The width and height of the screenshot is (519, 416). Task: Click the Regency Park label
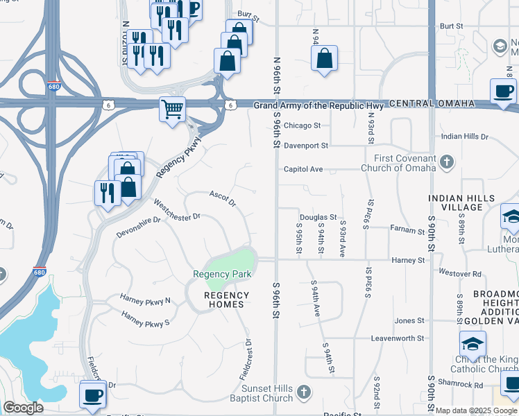point(222,274)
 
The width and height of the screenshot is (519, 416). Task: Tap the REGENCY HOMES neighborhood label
point(224,300)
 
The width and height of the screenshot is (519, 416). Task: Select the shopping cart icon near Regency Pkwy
point(171,108)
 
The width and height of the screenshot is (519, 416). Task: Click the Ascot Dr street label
point(223,198)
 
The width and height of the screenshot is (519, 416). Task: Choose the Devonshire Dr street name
point(138,229)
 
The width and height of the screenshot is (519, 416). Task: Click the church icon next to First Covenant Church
point(447,163)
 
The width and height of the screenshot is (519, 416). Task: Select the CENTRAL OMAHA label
point(432,103)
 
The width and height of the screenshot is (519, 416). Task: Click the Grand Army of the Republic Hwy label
point(318,105)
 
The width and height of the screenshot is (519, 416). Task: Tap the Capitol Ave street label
point(303,169)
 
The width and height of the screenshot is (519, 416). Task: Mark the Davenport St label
point(305,146)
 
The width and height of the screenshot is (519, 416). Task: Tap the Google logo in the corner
point(23,408)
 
